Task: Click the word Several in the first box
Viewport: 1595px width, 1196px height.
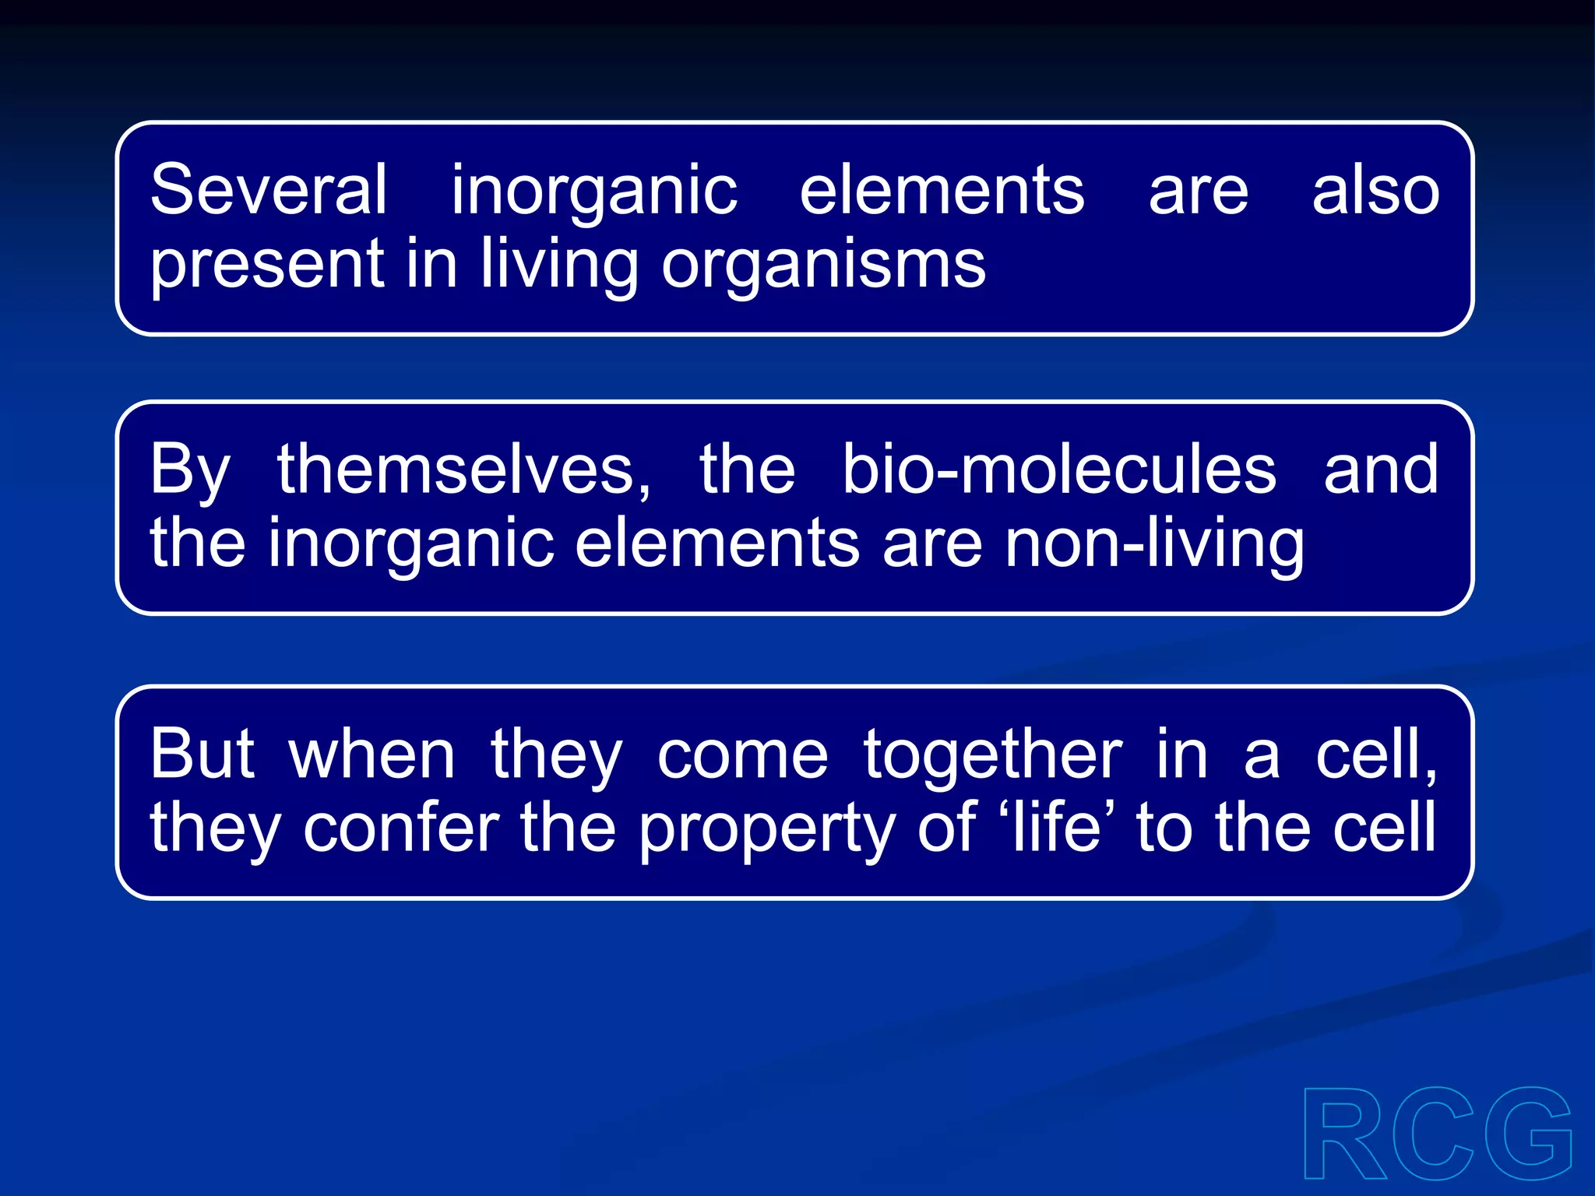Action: coord(268,190)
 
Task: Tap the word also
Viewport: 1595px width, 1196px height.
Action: coord(1375,190)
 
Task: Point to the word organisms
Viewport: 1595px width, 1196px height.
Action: coord(823,265)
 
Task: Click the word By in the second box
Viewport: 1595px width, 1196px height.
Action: coord(190,470)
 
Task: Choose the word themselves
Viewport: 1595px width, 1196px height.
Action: coord(464,470)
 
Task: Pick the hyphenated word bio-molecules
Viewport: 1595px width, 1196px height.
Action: coord(1059,470)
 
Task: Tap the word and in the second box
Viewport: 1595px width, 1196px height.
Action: coord(1381,470)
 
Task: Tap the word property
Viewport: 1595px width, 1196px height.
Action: coord(767,828)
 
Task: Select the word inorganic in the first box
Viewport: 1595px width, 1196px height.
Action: coord(594,192)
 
